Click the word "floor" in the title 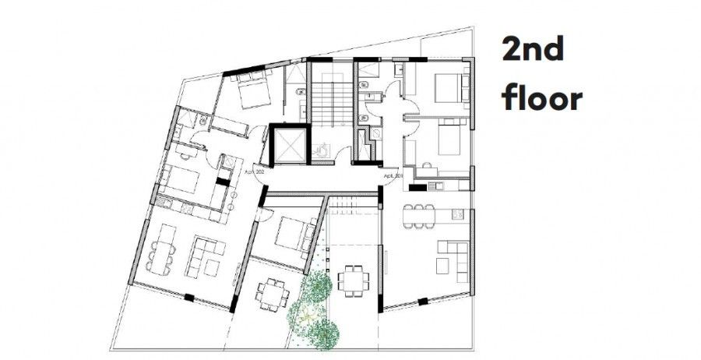542,100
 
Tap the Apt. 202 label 255,171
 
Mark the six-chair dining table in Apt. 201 420,212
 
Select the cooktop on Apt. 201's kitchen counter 436,185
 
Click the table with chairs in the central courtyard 352,279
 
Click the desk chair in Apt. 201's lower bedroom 427,164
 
